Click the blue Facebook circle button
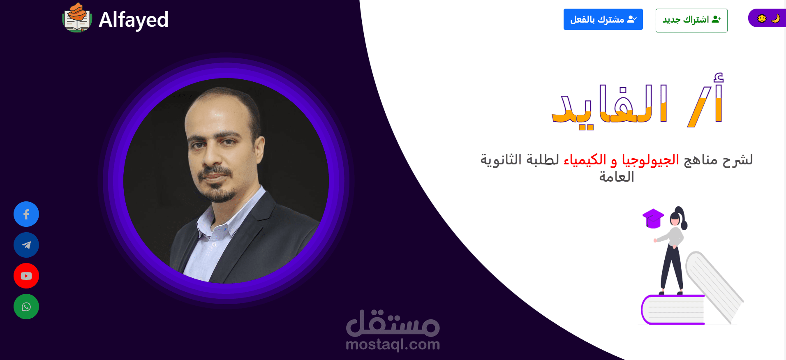click(x=26, y=214)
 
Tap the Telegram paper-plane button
click(x=26, y=245)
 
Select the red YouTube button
click(x=26, y=276)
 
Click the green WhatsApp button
click(x=26, y=307)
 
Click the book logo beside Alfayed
click(x=77, y=18)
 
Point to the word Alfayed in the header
click(x=134, y=20)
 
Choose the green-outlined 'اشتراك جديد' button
click(x=691, y=20)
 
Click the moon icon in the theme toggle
click(x=775, y=18)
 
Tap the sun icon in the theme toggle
click(x=762, y=18)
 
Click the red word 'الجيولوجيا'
click(x=650, y=159)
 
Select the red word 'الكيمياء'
click(x=585, y=159)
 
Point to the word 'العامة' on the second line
click(x=617, y=177)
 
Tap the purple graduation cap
click(x=653, y=218)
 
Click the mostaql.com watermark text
click(x=393, y=344)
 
